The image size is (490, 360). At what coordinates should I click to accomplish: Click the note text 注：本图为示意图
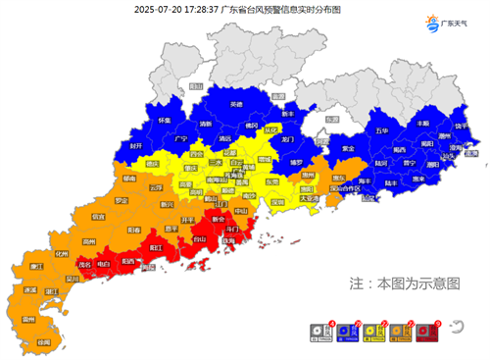(x=405, y=283)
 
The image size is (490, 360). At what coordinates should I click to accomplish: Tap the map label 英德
(x=236, y=104)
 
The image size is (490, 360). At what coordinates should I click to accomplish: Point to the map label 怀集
(x=164, y=120)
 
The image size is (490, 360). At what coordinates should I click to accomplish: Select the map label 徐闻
(x=43, y=341)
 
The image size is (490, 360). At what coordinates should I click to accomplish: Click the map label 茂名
(x=86, y=264)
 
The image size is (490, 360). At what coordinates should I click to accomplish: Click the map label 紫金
(x=348, y=148)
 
